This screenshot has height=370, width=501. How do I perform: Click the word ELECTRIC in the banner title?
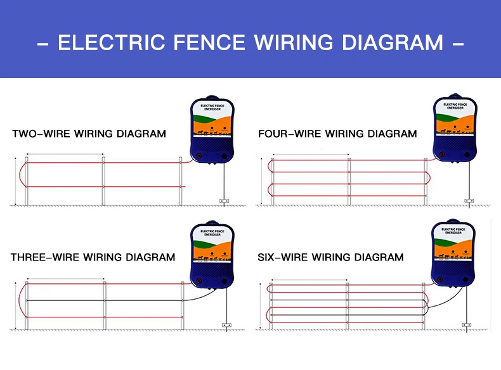pyautogui.click(x=96, y=42)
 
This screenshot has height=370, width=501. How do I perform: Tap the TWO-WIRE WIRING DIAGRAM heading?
pyautogui.click(x=89, y=134)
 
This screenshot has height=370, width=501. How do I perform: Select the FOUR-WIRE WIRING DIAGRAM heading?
pyautogui.click(x=337, y=134)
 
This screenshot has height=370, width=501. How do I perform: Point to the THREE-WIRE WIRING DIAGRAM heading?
pyautogui.click(x=93, y=257)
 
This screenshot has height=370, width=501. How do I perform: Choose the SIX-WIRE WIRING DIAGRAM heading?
pyautogui.click(x=330, y=257)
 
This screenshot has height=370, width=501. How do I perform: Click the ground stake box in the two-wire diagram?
pyautogui.click(x=223, y=201)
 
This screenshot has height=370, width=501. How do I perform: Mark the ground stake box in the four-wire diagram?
pyautogui.click(x=469, y=201)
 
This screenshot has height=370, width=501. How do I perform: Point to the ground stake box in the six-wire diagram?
pyautogui.click(x=467, y=325)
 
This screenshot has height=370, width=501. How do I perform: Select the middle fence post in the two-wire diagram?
pyautogui.click(x=103, y=181)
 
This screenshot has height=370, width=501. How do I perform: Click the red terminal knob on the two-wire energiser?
pyautogui.click(x=198, y=155)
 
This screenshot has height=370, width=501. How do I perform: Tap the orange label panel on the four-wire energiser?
pyautogui.click(x=454, y=125)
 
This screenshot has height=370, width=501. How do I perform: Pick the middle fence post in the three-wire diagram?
pyautogui.click(x=104, y=305)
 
